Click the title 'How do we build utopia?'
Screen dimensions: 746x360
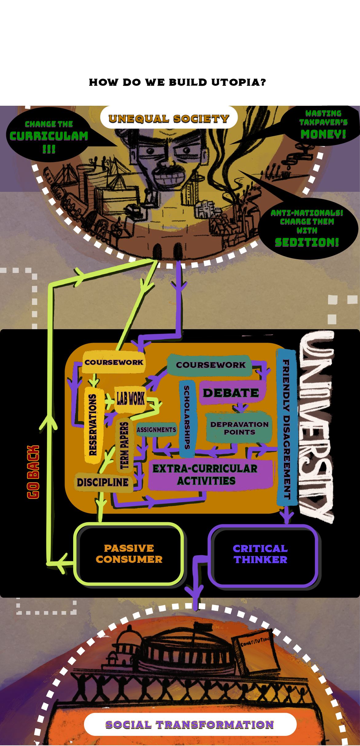[177, 82]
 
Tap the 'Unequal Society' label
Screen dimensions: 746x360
[169, 118]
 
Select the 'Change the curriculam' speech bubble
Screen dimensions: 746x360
[49, 136]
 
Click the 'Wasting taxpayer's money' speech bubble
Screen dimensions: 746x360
[323, 124]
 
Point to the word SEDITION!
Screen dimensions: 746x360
[307, 242]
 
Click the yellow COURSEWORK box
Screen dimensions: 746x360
[114, 362]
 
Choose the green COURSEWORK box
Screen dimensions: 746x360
[210, 365]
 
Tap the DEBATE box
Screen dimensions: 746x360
[231, 393]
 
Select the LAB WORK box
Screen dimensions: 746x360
[130, 399]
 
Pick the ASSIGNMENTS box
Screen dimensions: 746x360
[156, 429]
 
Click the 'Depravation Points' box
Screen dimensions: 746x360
[239, 428]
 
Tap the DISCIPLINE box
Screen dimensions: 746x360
[103, 482]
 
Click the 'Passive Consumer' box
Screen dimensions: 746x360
[129, 554]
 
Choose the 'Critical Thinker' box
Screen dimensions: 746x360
[260, 554]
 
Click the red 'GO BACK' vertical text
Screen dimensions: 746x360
[33, 472]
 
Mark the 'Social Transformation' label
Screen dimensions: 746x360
[190, 724]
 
